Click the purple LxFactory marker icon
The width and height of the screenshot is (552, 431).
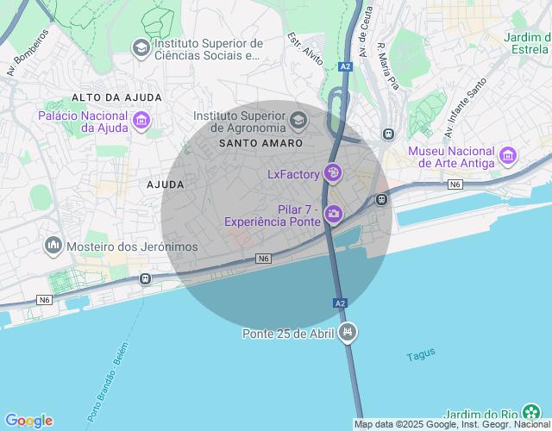tap(333, 174)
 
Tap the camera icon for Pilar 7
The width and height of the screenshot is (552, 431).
tap(333, 215)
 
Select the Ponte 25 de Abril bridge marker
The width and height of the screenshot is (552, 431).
tap(348, 332)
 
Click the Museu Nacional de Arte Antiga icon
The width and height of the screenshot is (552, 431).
tap(508, 156)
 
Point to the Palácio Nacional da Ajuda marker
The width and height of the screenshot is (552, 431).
tap(141, 121)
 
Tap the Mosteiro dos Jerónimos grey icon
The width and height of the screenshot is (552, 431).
tap(54, 247)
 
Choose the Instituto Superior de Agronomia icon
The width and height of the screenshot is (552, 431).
tap(299, 119)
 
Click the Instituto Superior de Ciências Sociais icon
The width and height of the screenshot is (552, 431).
tap(140, 48)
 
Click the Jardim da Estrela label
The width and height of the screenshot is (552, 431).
tap(527, 42)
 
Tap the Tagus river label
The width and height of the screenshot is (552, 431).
tap(421, 353)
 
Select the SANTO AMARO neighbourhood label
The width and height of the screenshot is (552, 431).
tap(260, 143)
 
